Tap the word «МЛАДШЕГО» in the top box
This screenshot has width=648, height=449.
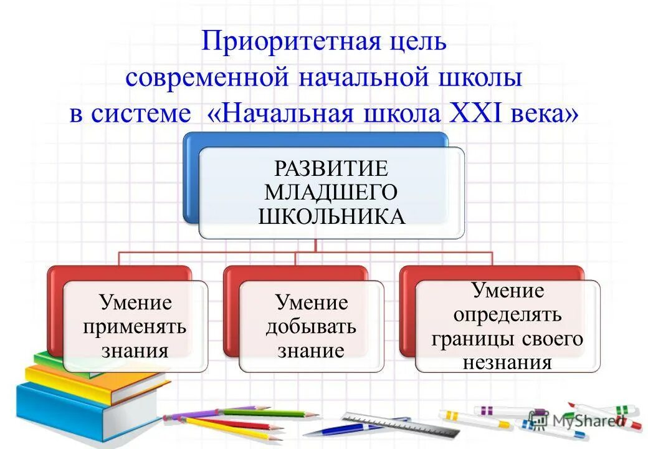[x=331, y=191]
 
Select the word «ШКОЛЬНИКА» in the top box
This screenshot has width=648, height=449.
[x=331, y=216]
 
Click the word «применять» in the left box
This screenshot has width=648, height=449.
[x=135, y=326]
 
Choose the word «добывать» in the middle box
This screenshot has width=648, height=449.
[x=311, y=326]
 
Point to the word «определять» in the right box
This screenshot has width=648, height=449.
[x=507, y=315]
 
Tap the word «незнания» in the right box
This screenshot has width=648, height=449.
[x=507, y=362]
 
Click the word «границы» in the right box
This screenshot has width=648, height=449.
[x=468, y=339]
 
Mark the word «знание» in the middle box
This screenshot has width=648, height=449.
[x=311, y=350]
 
